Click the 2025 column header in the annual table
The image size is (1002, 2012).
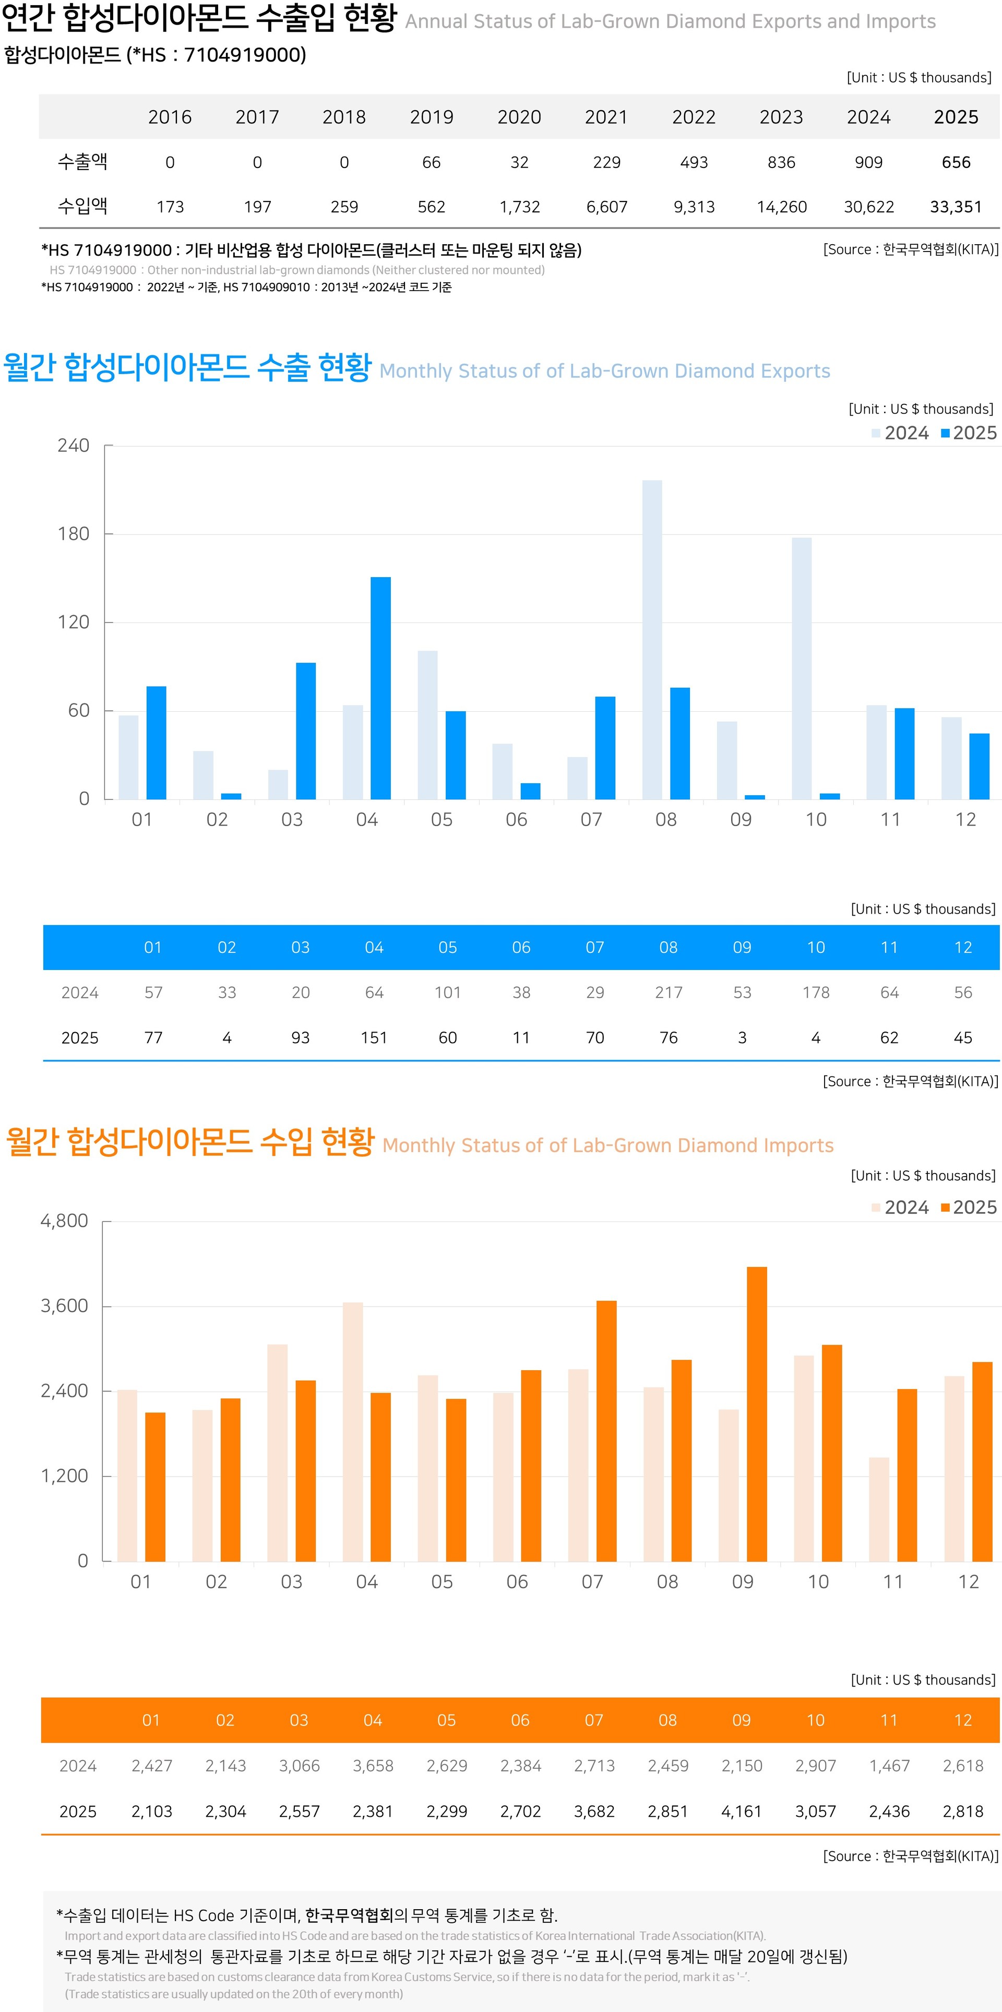tap(956, 117)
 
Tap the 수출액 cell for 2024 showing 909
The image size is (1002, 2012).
tap(868, 162)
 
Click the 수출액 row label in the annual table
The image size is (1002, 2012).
tap(83, 162)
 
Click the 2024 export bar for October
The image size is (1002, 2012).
tap(801, 668)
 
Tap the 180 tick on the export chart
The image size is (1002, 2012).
tap(74, 534)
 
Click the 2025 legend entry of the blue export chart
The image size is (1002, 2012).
tap(969, 434)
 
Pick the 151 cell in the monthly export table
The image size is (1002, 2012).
tap(374, 1038)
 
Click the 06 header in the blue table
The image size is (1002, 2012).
tap(521, 948)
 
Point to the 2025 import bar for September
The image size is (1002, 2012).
tap(757, 1414)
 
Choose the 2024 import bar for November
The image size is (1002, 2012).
tap(879, 1509)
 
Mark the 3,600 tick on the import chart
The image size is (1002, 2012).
tap(64, 1306)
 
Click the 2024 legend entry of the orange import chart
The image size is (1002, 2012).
tap(900, 1207)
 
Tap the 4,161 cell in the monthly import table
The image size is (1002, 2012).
tap(741, 1811)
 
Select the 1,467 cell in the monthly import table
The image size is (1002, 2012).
tap(890, 1766)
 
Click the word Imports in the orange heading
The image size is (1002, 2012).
tap(798, 1146)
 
